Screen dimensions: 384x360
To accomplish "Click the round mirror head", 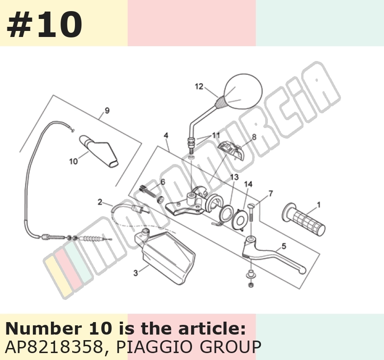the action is coord(243,91).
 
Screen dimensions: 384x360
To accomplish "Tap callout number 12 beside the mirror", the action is coord(199,86).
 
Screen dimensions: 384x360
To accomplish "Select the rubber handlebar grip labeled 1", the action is coord(303,220).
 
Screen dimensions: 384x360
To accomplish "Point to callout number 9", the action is coord(107,110).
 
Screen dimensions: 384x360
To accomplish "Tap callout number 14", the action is coord(248,184).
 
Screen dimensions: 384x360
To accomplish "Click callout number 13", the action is coord(234,177).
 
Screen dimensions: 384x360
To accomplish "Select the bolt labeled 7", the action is coord(251,212).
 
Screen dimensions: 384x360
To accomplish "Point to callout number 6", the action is coord(163,182).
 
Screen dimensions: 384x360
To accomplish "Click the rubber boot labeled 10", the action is coord(99,152).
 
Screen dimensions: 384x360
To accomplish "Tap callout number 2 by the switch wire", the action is coord(100,202).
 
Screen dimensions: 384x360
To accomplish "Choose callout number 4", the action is coord(166,135).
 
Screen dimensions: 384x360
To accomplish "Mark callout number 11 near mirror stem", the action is coord(216,135).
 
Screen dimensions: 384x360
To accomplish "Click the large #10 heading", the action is coord(44,24).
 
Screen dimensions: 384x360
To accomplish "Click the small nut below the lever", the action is coord(251,285).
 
